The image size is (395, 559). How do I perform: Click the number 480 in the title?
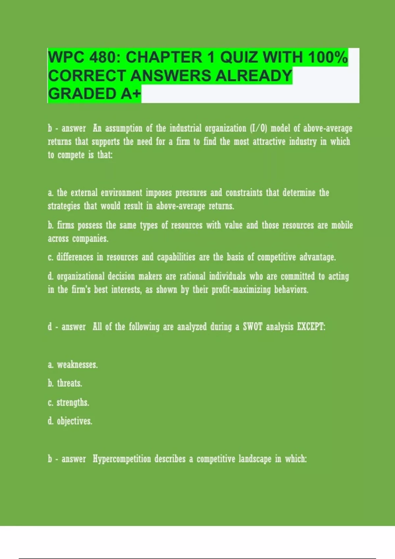102,58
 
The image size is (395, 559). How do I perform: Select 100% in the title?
328,58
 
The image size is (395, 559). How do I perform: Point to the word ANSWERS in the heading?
171,76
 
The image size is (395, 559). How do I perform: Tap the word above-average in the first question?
328,128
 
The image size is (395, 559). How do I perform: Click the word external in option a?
84,193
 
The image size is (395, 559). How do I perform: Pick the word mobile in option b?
342,225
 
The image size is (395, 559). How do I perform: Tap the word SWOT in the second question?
252,327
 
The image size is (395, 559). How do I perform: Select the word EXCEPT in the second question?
311,327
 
